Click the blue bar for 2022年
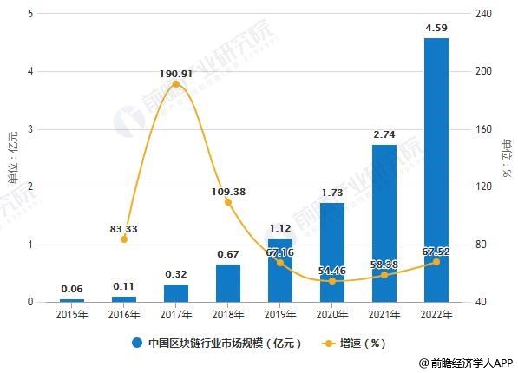(436, 170)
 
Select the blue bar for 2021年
(384, 223)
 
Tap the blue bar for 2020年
(331, 252)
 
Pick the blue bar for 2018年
(227, 283)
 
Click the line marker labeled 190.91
(176, 84)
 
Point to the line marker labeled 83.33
(124, 239)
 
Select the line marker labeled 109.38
(228, 202)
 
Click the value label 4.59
(436, 29)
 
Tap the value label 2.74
(384, 135)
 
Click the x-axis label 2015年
(72, 315)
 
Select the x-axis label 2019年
(279, 315)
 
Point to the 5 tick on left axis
(31, 14)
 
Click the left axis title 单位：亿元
(12, 156)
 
